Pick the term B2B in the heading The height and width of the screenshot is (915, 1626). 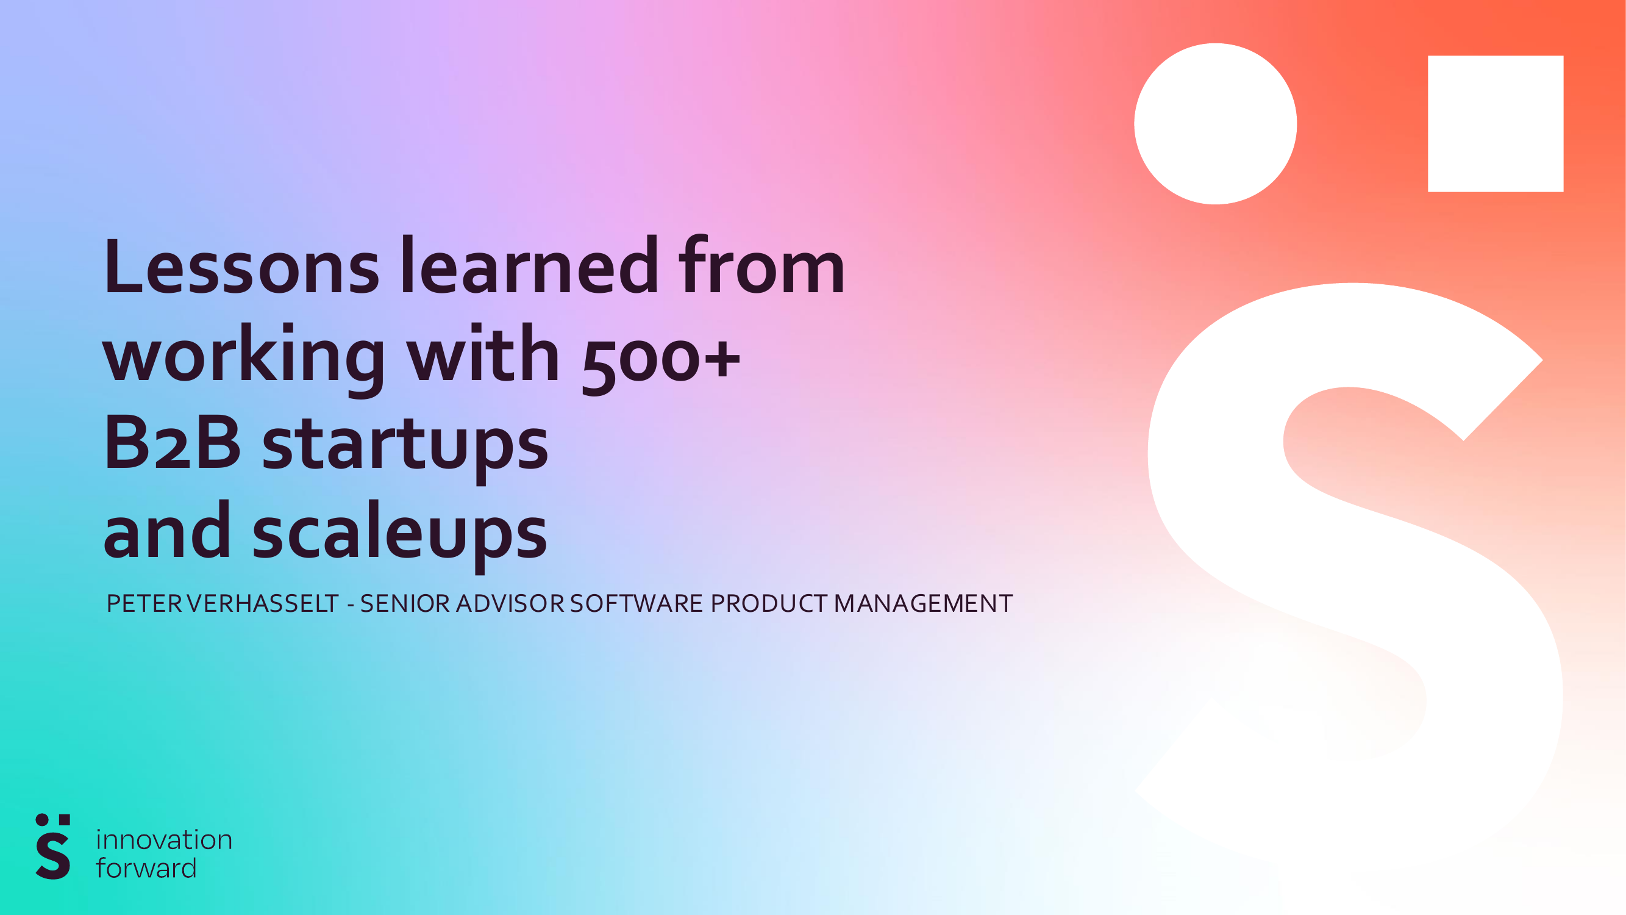[x=172, y=443]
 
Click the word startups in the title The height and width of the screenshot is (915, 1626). [x=405, y=446]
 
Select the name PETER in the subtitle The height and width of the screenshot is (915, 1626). [x=144, y=604]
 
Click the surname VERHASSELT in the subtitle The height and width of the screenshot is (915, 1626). [x=263, y=604]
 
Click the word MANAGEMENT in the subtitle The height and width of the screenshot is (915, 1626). [x=923, y=604]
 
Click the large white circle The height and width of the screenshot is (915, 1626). [x=1215, y=124]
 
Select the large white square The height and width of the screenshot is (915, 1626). [x=1496, y=124]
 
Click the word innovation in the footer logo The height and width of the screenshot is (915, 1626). [x=164, y=840]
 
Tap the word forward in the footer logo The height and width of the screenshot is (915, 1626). [x=146, y=869]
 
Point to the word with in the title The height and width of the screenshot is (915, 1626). [x=483, y=355]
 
